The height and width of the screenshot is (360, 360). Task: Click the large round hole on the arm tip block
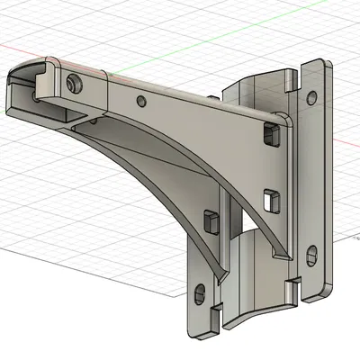pyautogui.click(x=72, y=84)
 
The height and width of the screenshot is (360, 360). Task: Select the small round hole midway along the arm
pyautogui.click(x=139, y=101)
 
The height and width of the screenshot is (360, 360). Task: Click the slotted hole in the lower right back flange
pyautogui.click(x=310, y=256)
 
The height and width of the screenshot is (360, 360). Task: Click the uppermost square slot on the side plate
pyautogui.click(x=269, y=135)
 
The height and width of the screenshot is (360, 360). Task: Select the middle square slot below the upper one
pyautogui.click(x=267, y=197)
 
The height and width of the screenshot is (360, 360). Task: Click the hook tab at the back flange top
pyautogui.click(x=293, y=79)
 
